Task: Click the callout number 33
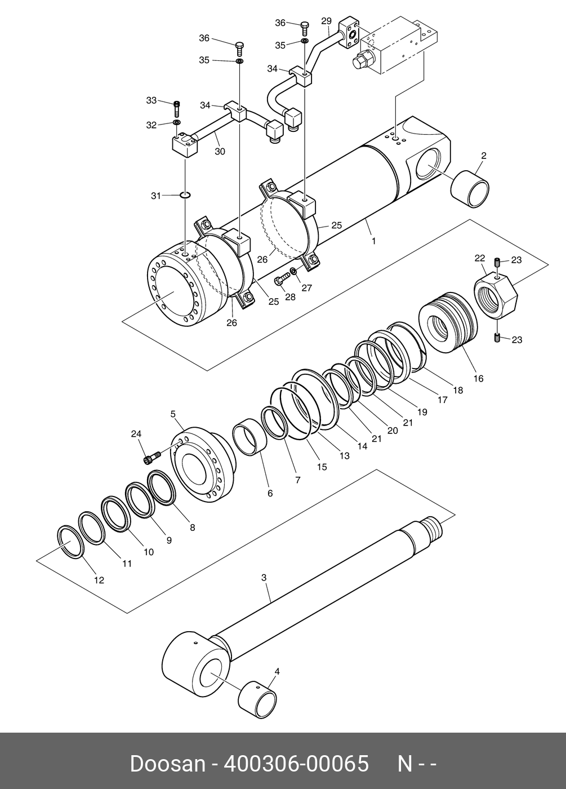click(151, 100)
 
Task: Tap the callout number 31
click(156, 196)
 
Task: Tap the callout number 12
click(99, 580)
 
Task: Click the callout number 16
click(479, 379)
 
